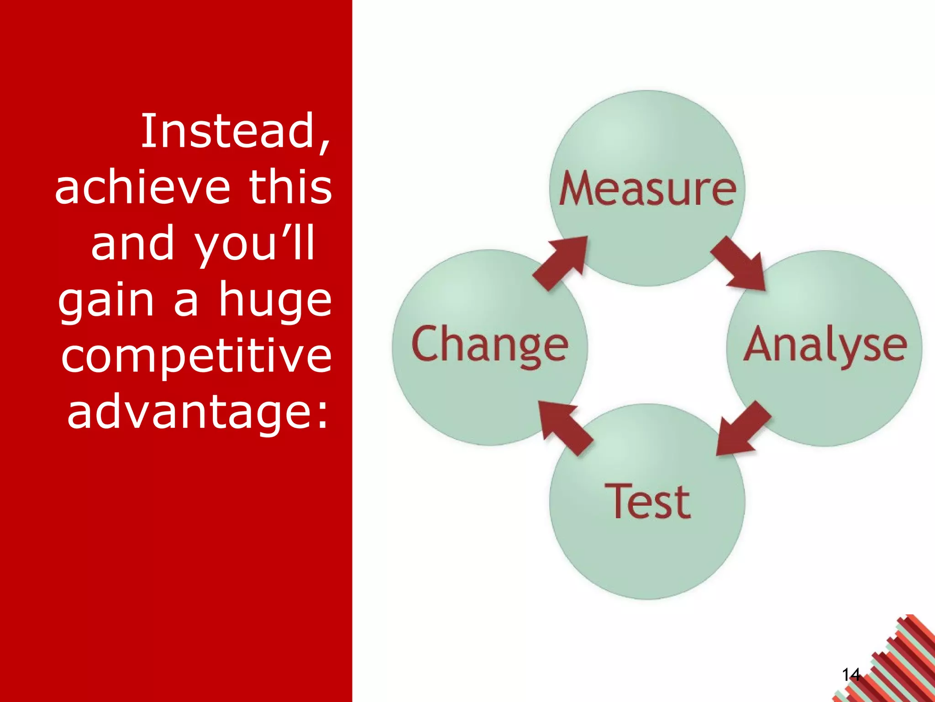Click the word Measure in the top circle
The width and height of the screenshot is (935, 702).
click(647, 189)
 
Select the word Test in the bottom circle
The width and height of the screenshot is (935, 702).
click(647, 502)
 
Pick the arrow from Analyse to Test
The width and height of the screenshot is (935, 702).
click(742, 430)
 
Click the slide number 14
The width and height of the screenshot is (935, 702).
click(851, 675)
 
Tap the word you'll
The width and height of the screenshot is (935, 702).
click(255, 245)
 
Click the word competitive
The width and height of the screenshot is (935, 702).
click(196, 356)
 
